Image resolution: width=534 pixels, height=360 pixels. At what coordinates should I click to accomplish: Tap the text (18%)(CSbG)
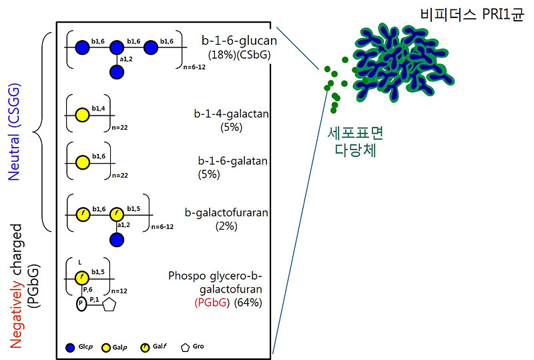click(x=239, y=55)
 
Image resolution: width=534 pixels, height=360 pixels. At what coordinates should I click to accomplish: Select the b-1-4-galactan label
click(x=228, y=114)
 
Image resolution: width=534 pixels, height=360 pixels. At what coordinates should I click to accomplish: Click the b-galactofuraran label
click(x=227, y=213)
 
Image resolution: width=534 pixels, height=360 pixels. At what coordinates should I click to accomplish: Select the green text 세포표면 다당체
click(x=352, y=142)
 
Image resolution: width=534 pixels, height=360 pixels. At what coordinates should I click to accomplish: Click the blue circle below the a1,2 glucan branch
click(x=117, y=72)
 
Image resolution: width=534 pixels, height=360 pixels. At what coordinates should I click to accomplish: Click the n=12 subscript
click(x=121, y=291)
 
